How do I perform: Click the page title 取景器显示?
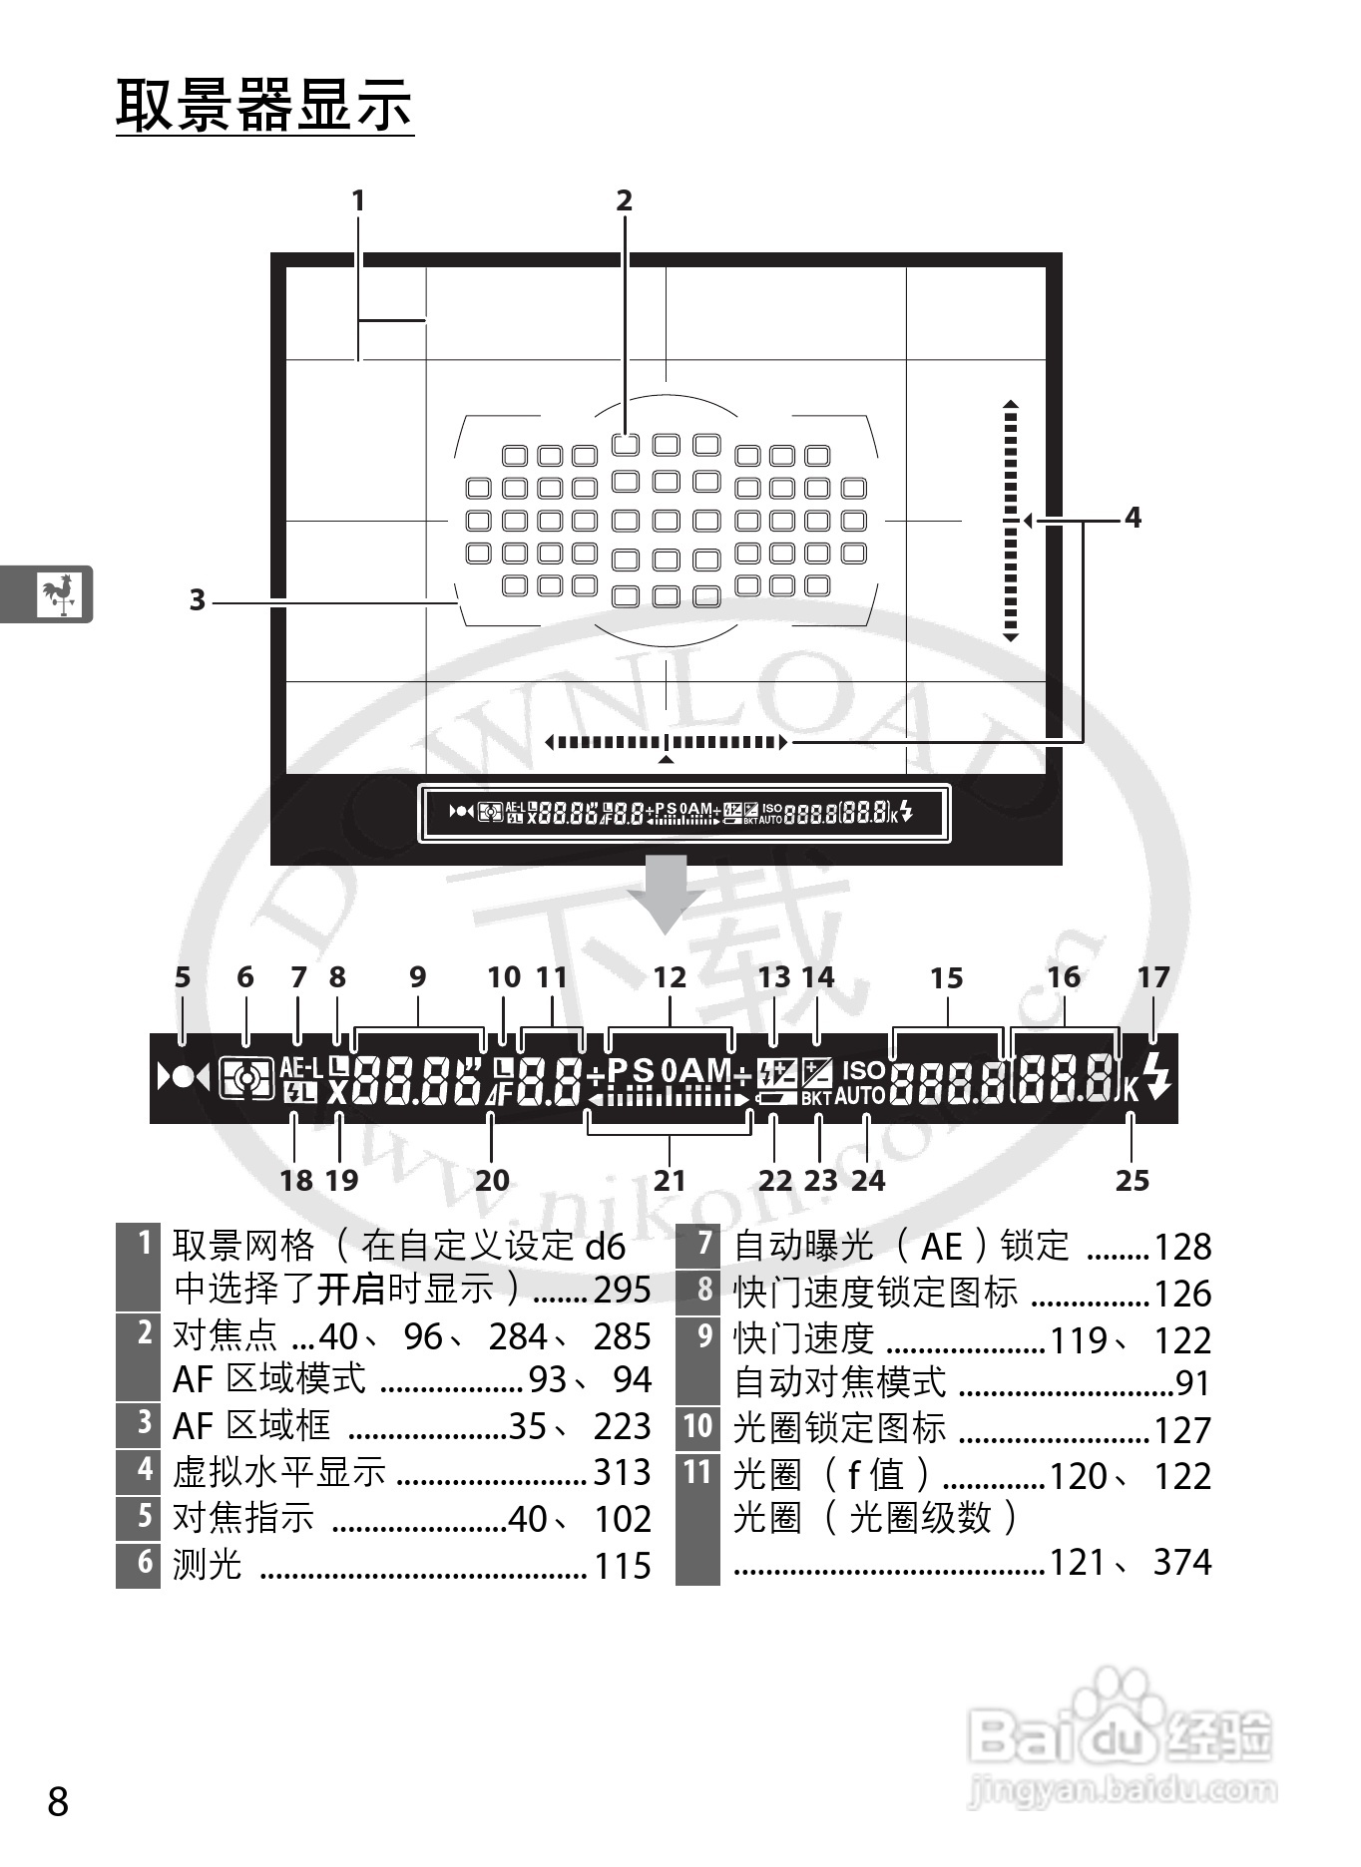coord(264,104)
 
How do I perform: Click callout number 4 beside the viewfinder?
coord(1133,518)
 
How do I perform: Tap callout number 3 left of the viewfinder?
coord(198,600)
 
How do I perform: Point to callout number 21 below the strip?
coord(670,1181)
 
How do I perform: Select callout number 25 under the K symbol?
coord(1132,1181)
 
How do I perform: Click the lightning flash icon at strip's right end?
coord(1157,1076)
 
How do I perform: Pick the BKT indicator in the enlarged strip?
coord(816,1097)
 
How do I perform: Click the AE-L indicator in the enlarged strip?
coord(300,1067)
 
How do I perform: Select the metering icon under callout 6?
coord(246,1078)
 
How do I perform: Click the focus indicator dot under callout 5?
coord(183,1078)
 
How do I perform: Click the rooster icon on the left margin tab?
coord(59,593)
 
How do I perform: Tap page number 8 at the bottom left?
coord(59,1802)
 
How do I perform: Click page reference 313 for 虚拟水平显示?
coord(622,1472)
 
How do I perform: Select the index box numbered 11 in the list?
coord(697,1472)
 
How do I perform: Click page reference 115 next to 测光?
coord(622,1566)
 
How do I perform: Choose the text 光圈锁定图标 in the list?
coord(839,1428)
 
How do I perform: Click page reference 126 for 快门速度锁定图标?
coord(1182,1294)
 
